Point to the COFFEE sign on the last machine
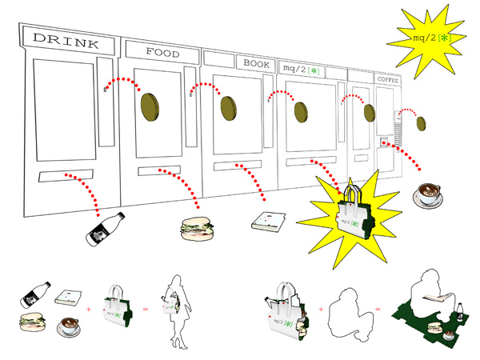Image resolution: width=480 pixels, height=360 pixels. pos(388,79)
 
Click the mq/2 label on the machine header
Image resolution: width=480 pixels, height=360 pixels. pos(301,69)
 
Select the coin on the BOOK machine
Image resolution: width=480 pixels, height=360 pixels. pos(228,108)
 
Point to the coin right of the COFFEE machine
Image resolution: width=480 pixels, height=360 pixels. pos(420,123)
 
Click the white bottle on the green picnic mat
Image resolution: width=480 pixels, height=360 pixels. pos(460,312)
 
